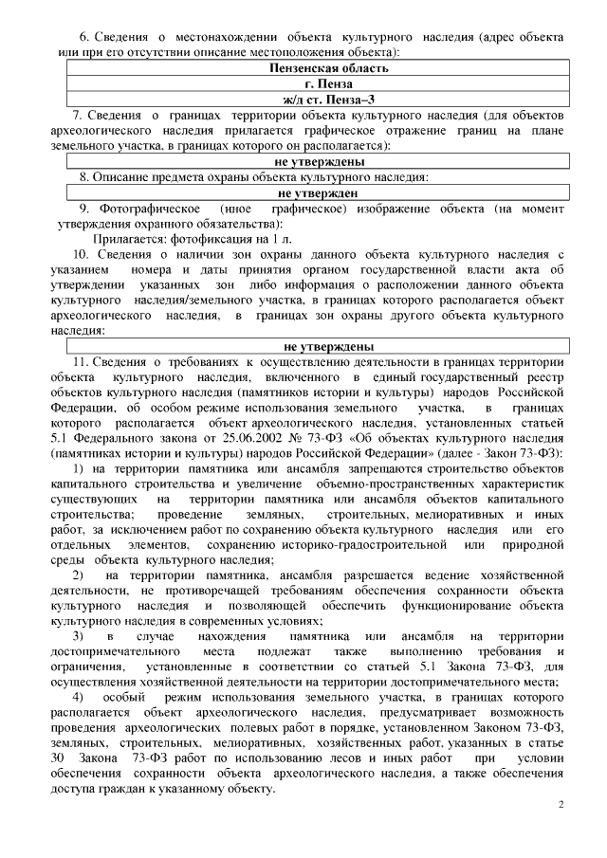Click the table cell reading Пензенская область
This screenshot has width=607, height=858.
(328, 68)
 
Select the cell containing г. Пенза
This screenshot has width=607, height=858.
(328, 83)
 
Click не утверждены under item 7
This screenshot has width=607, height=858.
(328, 162)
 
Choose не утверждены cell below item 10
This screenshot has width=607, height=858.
(328, 346)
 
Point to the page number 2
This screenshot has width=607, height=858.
(561, 805)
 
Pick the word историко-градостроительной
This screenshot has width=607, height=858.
(372, 545)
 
